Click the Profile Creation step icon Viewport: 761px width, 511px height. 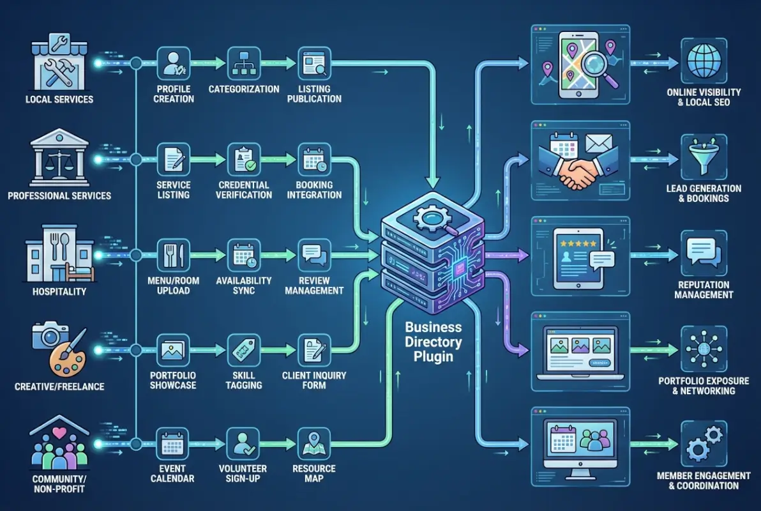pyautogui.click(x=174, y=64)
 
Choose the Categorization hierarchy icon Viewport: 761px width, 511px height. pyautogui.click(x=244, y=64)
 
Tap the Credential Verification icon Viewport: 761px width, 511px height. pyautogui.click(x=244, y=159)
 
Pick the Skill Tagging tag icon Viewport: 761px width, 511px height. pyautogui.click(x=244, y=350)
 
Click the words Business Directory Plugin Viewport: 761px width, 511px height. pyautogui.click(x=433, y=342)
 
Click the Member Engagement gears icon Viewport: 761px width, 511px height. pyautogui.click(x=704, y=444)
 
